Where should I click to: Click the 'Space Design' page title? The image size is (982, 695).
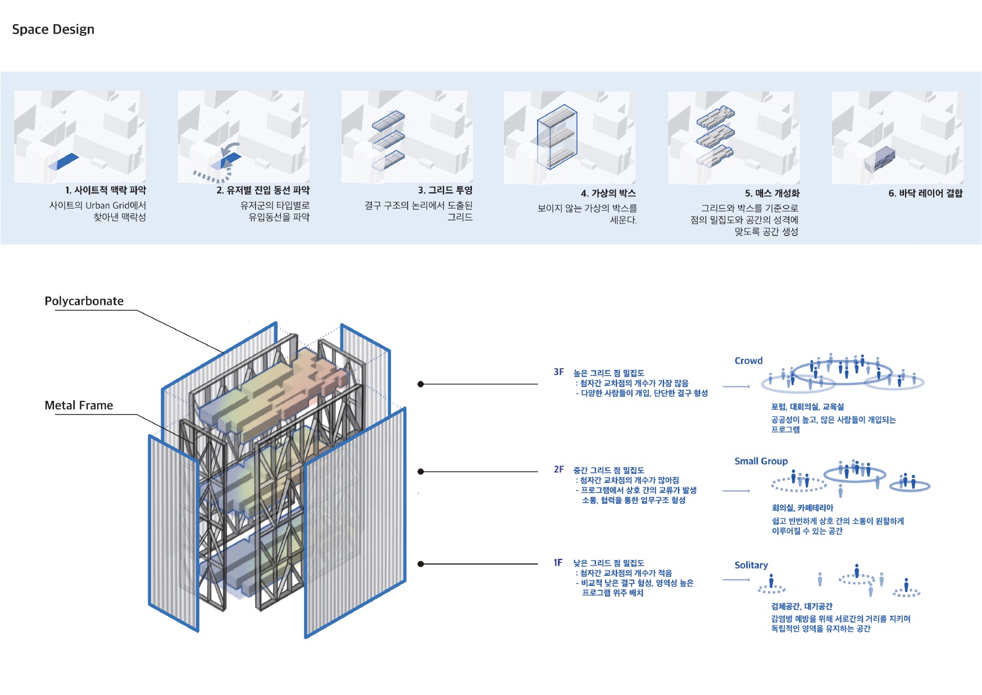tap(53, 29)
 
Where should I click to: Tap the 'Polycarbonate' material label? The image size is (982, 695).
tap(84, 301)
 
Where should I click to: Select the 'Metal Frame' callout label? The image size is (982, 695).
tap(79, 405)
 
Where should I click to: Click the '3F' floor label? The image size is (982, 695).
tap(558, 372)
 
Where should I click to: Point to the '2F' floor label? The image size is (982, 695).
tap(558, 469)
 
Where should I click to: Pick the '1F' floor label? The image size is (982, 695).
tap(558, 562)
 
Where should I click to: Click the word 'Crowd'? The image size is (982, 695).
tap(748, 360)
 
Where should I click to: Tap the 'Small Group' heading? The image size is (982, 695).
tap(761, 461)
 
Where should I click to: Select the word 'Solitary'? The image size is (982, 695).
tap(751, 565)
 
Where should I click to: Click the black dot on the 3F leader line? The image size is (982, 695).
tap(420, 384)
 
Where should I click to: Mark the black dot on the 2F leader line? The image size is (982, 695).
tap(420, 471)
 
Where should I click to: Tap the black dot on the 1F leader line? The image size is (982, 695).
tap(420, 564)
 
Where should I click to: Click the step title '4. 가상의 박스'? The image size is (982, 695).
tap(608, 193)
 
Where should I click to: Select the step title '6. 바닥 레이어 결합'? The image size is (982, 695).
tap(925, 193)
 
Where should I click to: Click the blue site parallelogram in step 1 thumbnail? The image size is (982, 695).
tap(63, 161)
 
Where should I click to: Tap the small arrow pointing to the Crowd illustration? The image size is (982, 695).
tap(736, 387)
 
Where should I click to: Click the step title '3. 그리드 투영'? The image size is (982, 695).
tap(445, 190)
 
